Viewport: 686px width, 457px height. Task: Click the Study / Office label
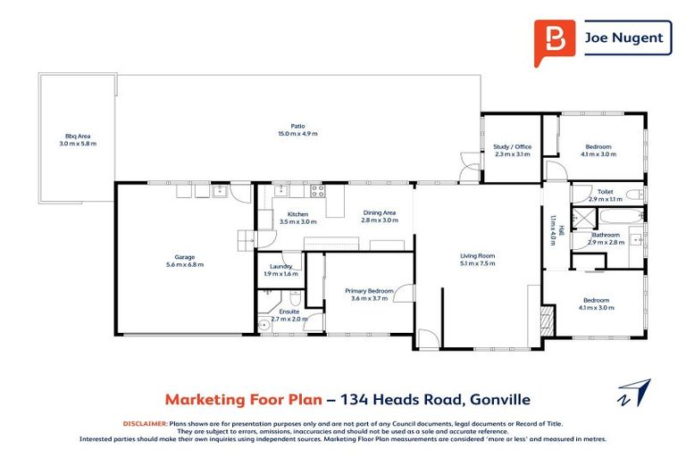pyautogui.click(x=512, y=146)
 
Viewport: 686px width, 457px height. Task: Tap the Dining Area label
pyautogui.click(x=379, y=212)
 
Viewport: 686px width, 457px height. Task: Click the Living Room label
pyautogui.click(x=477, y=256)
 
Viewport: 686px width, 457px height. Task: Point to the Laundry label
pyautogui.click(x=280, y=266)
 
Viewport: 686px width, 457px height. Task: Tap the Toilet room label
pyautogui.click(x=605, y=191)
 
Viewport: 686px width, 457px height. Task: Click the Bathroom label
pyautogui.click(x=605, y=236)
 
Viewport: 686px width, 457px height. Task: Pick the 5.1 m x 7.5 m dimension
pyautogui.click(x=477, y=264)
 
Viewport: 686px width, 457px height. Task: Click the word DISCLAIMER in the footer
pyautogui.click(x=144, y=423)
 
